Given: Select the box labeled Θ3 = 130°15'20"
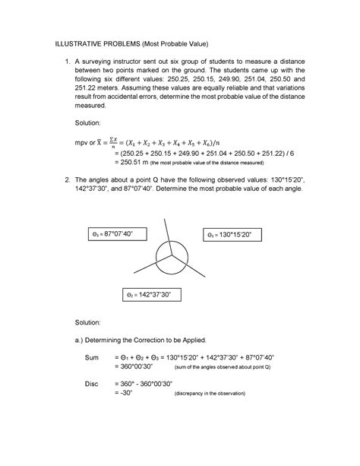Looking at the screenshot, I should click(232, 236).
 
